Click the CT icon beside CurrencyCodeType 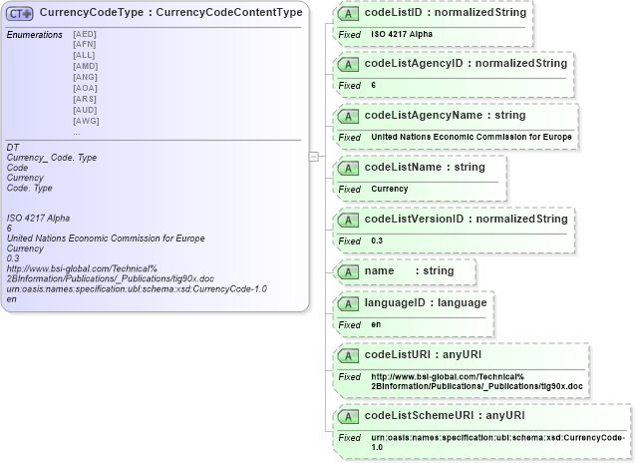pyautogui.click(x=21, y=13)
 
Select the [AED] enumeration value pyautogui.click(x=86, y=34)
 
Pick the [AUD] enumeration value pyautogui.click(x=86, y=110)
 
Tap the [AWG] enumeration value pyautogui.click(x=86, y=121)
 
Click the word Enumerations pyautogui.click(x=35, y=35)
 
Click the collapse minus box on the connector pyautogui.click(x=314, y=156)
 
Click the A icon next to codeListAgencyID pyautogui.click(x=349, y=65)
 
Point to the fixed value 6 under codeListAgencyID pyautogui.click(x=374, y=86)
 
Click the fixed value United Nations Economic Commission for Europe pyautogui.click(x=472, y=137)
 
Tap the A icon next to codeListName pyautogui.click(x=349, y=168)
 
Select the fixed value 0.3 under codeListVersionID pyautogui.click(x=377, y=240)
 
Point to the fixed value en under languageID pyautogui.click(x=376, y=324)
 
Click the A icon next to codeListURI pyautogui.click(x=349, y=355)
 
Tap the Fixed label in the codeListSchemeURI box pyautogui.click(x=349, y=438)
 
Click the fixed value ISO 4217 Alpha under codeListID pyautogui.click(x=402, y=34)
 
